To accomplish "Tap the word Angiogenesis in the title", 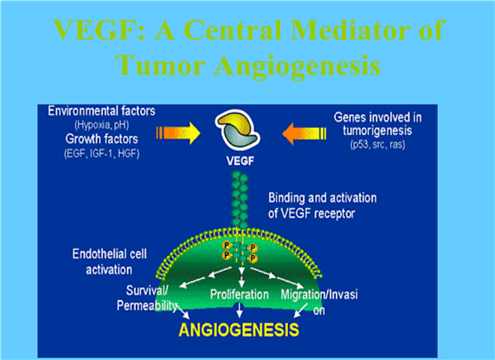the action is pyautogui.click(x=297, y=65).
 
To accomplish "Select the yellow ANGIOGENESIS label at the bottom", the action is pyautogui.click(x=238, y=330).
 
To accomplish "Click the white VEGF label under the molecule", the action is pyautogui.click(x=240, y=161).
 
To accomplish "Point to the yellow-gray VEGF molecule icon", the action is pyautogui.click(x=238, y=130).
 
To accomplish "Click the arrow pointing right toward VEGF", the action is pyautogui.click(x=178, y=133).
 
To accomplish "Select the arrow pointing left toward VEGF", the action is pyautogui.click(x=304, y=133).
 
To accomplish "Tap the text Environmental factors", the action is pyautogui.click(x=102, y=111).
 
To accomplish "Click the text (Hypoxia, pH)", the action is pyautogui.click(x=102, y=125).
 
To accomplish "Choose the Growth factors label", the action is pyautogui.click(x=102, y=139).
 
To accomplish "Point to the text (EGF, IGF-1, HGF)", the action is pyautogui.click(x=102, y=154).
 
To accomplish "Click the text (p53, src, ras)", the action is pyautogui.click(x=377, y=145).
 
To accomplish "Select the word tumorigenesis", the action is pyautogui.click(x=377, y=130).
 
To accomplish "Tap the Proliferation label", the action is pyautogui.click(x=239, y=295).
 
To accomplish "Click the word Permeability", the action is pyautogui.click(x=147, y=306).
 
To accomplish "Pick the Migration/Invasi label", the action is pyautogui.click(x=319, y=295).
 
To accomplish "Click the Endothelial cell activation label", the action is pyautogui.click(x=109, y=262).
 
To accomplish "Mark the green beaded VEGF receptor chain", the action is pyautogui.click(x=240, y=199).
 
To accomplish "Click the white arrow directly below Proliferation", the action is pyautogui.click(x=239, y=310).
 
